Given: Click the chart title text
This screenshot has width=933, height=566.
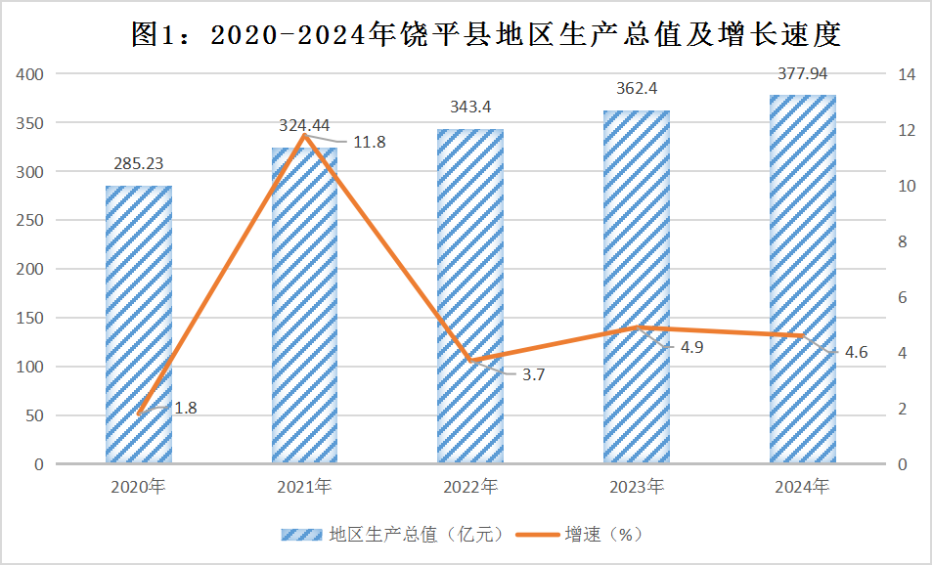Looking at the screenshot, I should tap(487, 35).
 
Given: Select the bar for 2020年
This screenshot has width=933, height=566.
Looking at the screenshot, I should tap(139, 323).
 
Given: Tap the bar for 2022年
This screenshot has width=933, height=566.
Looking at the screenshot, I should tap(470, 293).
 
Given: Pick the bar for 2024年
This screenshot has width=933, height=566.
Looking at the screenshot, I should tap(802, 279).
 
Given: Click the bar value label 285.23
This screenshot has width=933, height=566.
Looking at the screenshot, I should tap(139, 164).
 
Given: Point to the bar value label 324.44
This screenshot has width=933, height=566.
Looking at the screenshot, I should tap(304, 125).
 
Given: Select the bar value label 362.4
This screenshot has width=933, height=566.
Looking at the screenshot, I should tap(637, 89).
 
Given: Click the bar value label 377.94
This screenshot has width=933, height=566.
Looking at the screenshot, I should tap(803, 73).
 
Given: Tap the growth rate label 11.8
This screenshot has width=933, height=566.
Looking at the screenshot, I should tap(369, 143).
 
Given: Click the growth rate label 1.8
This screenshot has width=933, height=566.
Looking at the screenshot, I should tap(185, 409).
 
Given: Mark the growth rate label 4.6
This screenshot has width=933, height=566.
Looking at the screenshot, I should tap(856, 353).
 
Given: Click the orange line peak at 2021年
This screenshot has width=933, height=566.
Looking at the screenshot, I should tap(304, 135).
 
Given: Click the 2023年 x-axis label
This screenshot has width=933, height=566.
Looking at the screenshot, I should tap(637, 486).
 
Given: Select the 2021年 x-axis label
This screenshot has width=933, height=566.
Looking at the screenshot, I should tap(304, 486).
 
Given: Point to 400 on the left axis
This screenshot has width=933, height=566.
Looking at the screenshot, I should tap(31, 74).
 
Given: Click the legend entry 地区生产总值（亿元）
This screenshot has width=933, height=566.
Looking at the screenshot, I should tap(394, 534).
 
